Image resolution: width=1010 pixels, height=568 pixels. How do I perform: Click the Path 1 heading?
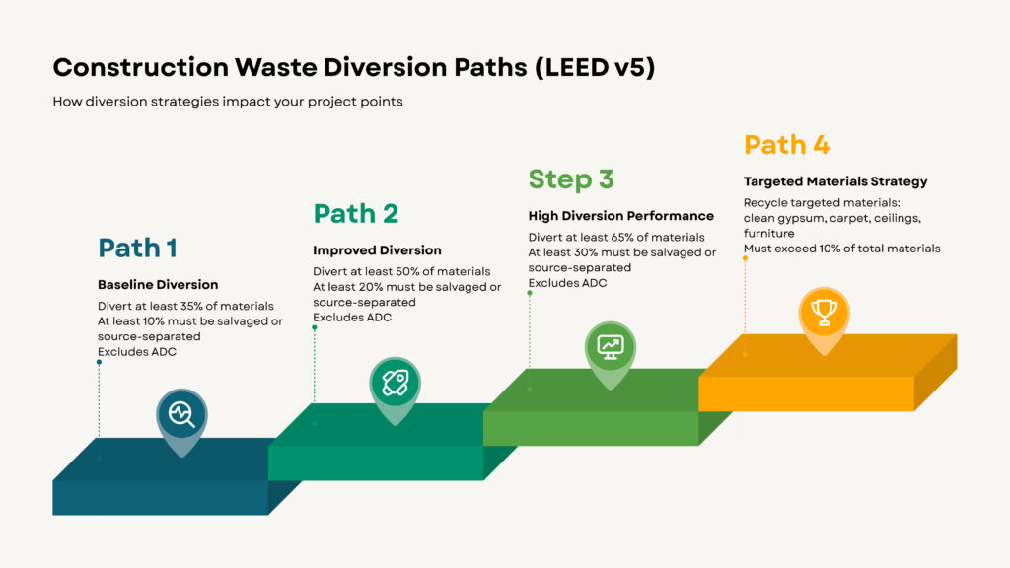point(137,248)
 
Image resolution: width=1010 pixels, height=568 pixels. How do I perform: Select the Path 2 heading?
point(355,214)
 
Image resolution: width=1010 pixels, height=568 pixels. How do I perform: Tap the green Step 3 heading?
point(571,179)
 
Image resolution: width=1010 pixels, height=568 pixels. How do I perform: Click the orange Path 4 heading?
point(786,145)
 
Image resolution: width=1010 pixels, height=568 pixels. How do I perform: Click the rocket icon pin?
point(395,382)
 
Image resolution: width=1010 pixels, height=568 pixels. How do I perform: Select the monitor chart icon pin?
point(611,347)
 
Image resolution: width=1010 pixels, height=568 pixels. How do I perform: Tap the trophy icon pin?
point(824,314)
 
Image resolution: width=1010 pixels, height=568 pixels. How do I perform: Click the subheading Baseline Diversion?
point(158,285)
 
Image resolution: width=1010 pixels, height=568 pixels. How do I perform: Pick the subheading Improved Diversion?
point(377,250)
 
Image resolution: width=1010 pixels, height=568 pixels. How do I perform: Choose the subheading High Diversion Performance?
point(620,216)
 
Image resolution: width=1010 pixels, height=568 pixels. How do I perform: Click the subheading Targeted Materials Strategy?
point(834,181)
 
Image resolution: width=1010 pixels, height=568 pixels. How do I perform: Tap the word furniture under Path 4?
point(768,234)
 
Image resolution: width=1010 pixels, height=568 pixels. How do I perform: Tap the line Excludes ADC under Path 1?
point(137,352)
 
